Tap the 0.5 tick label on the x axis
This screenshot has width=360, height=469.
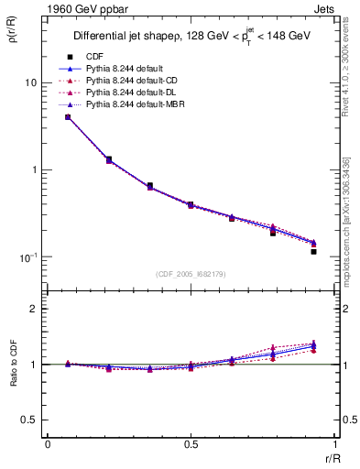coord(190,445)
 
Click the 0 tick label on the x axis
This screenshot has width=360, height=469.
coord(48,445)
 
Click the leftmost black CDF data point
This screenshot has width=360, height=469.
coord(68,117)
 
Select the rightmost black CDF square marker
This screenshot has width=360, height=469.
coord(313,251)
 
